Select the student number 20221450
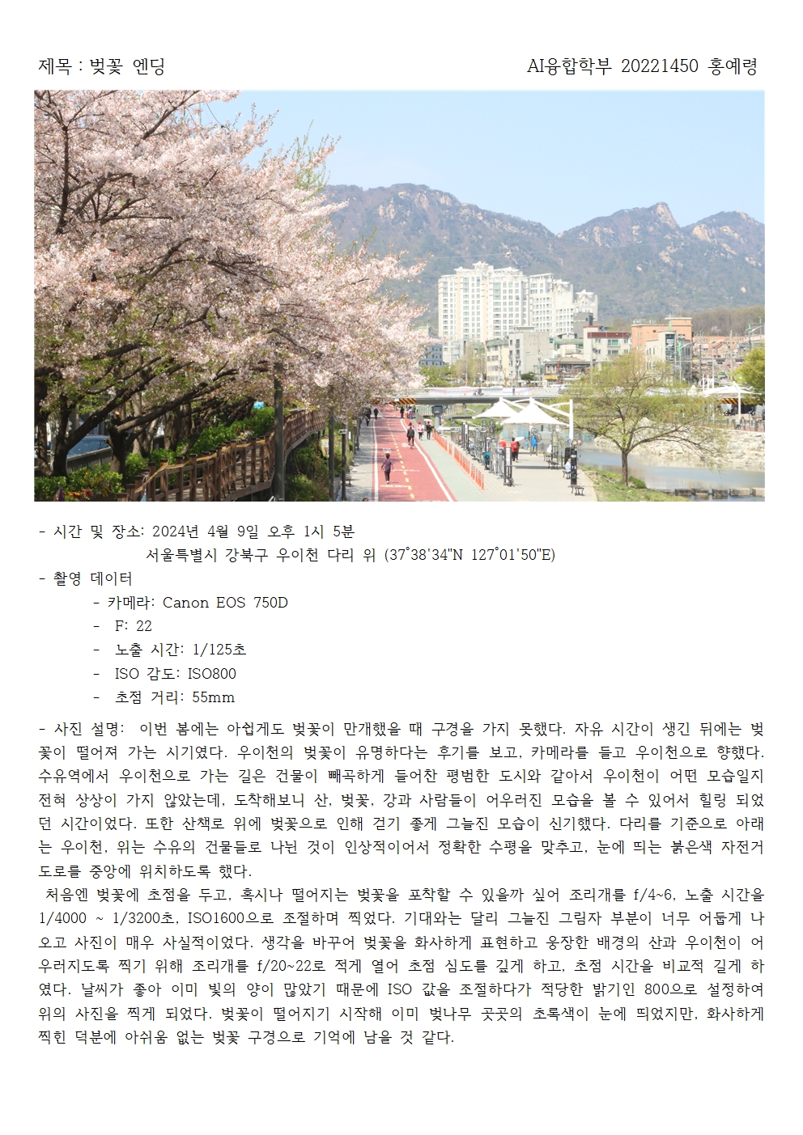click(659, 66)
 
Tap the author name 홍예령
click(733, 66)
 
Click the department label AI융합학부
click(569, 66)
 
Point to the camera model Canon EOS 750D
click(225, 603)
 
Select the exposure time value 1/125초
click(219, 650)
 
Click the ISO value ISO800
click(212, 674)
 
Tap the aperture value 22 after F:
click(144, 626)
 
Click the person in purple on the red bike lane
click(387, 467)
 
